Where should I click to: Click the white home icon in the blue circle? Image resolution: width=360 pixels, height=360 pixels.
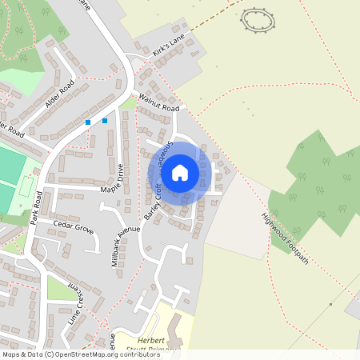tap(180, 172)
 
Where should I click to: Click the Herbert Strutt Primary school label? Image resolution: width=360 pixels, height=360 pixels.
tap(154, 345)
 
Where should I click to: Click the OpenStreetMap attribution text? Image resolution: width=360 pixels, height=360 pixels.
tap(70, 354)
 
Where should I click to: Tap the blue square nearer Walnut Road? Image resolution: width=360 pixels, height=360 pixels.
tap(105, 121)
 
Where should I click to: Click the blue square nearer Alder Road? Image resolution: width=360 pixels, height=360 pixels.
tap(88, 122)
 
